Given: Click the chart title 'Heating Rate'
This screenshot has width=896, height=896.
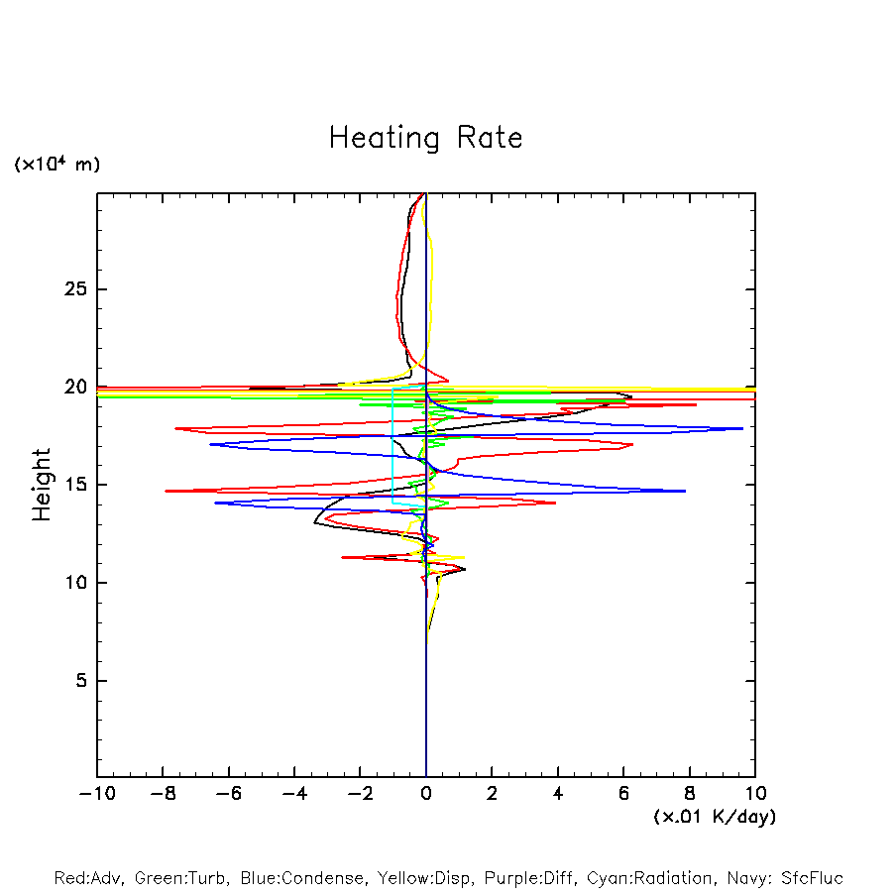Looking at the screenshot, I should pos(425,138).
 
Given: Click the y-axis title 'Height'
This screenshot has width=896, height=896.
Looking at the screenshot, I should pos(42,485).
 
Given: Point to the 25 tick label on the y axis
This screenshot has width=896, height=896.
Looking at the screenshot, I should pos(70,289).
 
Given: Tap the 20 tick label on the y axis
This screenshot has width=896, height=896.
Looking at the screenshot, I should pos(70,388).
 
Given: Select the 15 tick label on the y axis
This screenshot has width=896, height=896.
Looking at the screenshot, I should pos(70,485).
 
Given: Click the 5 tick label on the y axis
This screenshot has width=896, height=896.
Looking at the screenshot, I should pos(75,681).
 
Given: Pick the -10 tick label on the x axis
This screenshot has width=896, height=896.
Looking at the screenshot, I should pos(96,793).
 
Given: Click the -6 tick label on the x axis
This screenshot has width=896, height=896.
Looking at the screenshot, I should pos(228,793).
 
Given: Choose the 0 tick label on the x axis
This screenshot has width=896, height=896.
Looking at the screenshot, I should pos(426,793).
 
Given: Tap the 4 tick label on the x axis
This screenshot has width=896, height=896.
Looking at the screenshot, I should pos(558,793).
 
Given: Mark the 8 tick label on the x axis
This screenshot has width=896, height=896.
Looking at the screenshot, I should pos(690,793).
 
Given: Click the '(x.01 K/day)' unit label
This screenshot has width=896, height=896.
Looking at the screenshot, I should pos(715,817).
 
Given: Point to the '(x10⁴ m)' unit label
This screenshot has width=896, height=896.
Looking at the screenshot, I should pos(56,165).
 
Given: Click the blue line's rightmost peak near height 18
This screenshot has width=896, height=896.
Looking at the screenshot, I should pos(742,428).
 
